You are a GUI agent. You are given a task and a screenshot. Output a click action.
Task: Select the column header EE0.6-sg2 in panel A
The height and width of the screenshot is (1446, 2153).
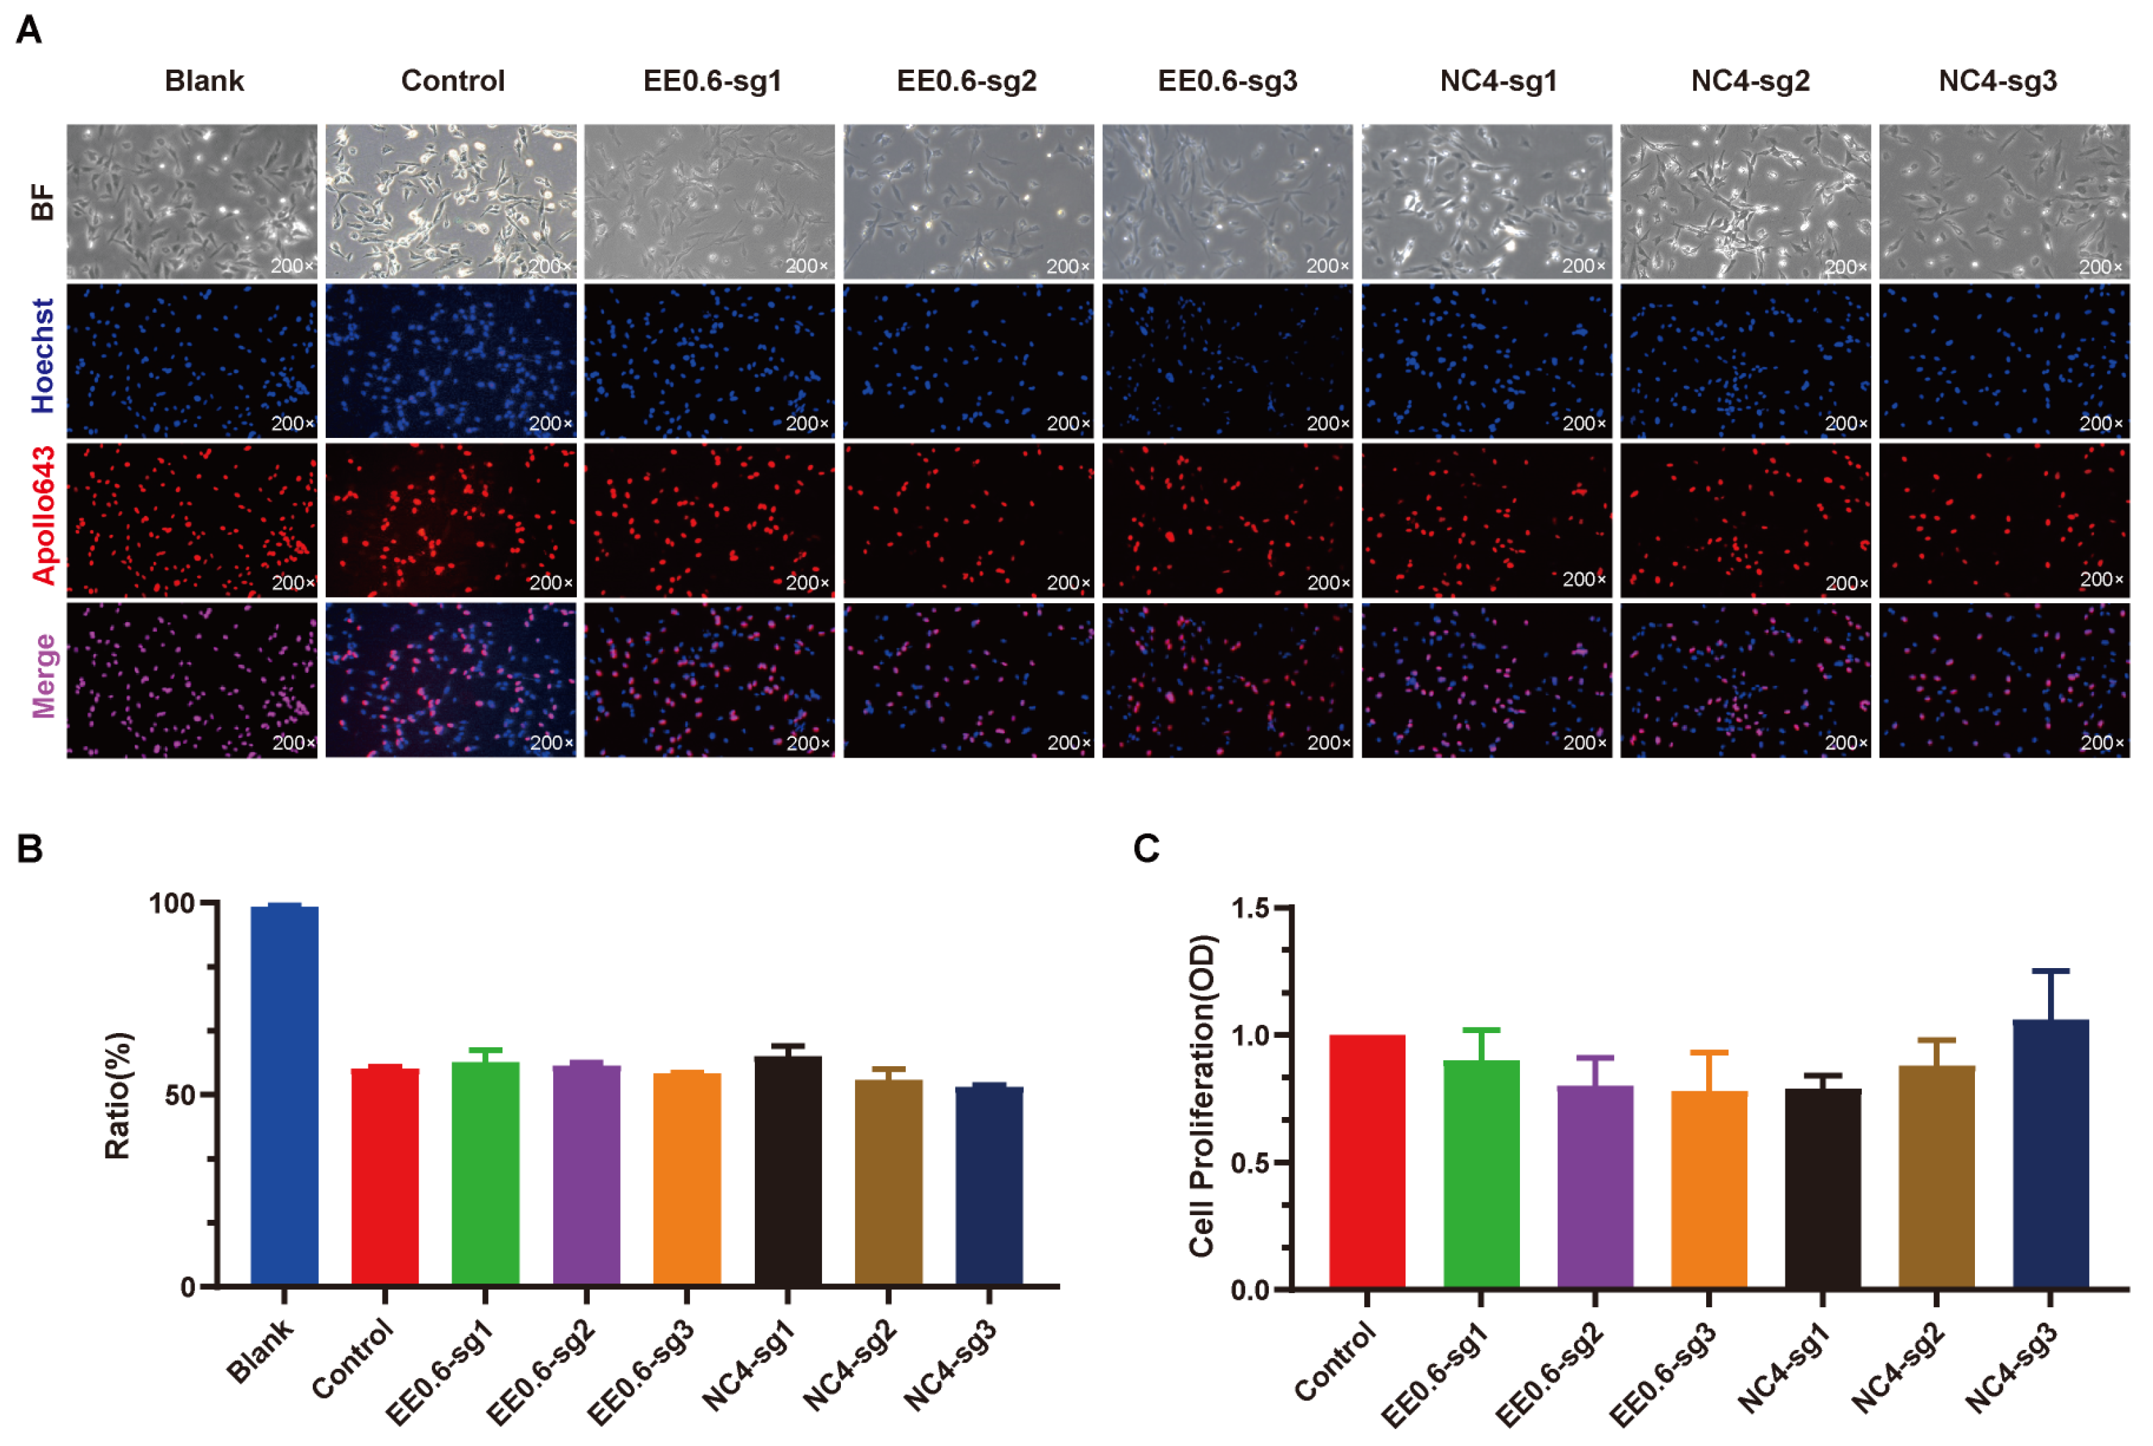click(x=966, y=81)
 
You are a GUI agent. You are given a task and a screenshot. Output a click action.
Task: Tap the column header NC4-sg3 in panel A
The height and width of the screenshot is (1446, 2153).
click(x=1997, y=81)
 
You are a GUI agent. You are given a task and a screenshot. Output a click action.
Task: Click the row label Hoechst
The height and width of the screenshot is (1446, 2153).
click(x=43, y=356)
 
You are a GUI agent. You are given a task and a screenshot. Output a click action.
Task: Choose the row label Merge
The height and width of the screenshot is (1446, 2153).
click(x=43, y=676)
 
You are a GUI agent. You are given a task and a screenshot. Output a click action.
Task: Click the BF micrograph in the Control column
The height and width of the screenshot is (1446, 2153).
click(x=451, y=201)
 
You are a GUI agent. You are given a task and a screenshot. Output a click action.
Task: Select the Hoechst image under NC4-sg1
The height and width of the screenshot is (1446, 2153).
click(x=1486, y=361)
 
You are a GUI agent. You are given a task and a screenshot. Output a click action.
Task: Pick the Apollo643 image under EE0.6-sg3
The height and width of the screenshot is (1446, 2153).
click(x=1227, y=520)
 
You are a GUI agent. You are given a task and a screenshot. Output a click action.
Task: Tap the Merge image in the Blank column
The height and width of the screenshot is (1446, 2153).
click(x=192, y=680)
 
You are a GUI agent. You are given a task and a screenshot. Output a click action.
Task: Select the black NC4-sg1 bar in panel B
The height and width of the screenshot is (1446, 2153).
click(x=787, y=1171)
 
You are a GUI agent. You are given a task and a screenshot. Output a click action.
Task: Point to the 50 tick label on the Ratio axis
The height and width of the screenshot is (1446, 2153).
click(x=181, y=1095)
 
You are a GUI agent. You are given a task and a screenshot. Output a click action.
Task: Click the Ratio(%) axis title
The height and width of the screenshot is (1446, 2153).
click(x=118, y=1095)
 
